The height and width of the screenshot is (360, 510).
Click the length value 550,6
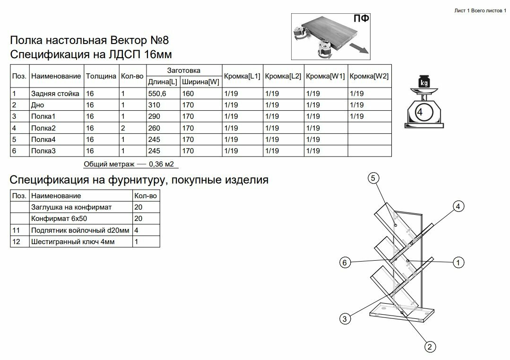157,94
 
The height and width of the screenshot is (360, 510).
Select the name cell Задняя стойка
55,94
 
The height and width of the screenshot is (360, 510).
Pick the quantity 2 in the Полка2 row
123,128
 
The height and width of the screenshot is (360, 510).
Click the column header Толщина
101,76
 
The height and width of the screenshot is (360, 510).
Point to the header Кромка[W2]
369,76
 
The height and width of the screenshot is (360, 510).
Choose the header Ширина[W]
200,82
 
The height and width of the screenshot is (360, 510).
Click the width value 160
188,94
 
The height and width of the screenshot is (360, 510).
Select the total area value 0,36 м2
161,165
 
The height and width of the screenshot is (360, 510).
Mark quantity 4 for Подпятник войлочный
137,230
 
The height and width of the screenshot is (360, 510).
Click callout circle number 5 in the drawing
373,178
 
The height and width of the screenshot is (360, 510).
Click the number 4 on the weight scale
420,112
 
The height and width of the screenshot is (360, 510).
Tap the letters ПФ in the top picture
362,19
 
